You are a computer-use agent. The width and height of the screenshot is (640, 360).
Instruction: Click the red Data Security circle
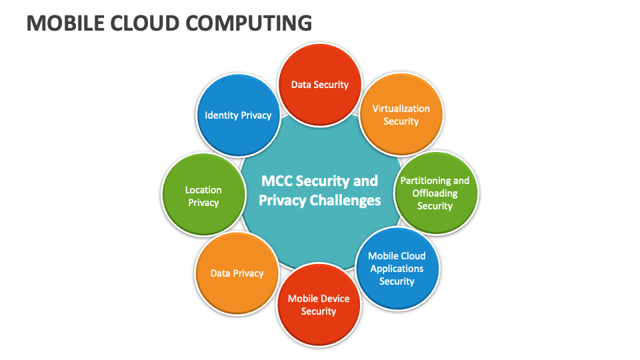click(319, 85)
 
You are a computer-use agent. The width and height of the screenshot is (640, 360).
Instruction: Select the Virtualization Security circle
click(401, 115)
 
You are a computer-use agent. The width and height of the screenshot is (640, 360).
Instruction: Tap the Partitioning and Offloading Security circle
click(435, 193)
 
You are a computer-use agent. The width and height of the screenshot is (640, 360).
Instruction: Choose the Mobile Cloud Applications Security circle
click(397, 269)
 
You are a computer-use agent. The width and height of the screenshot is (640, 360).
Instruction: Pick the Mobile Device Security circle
click(319, 305)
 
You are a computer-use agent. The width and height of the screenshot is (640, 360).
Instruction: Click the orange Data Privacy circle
click(237, 273)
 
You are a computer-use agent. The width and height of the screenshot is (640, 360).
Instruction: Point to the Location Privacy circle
click(204, 195)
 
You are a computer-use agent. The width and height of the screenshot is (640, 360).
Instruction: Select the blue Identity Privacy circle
click(239, 115)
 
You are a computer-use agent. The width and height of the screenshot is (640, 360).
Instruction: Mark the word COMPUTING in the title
click(249, 23)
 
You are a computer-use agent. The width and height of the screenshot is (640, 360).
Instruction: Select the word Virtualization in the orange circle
click(401, 109)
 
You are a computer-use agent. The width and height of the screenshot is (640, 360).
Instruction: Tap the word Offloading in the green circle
click(435, 193)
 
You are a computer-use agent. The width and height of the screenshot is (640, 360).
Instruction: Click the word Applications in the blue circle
click(397, 269)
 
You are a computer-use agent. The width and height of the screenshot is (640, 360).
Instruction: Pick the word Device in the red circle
click(335, 299)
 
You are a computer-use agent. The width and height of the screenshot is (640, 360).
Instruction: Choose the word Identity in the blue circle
click(221, 115)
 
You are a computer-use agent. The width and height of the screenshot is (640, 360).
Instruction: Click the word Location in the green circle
click(203, 190)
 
